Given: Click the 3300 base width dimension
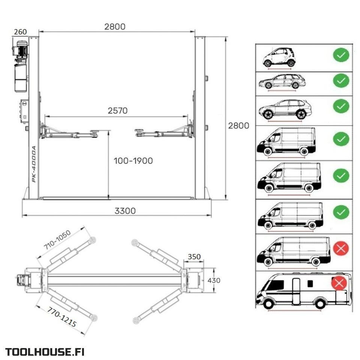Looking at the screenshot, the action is (125, 211).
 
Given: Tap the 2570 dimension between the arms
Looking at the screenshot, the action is (117, 111).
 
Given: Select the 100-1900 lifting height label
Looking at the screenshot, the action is (133, 161).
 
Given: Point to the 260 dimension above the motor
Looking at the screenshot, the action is (20, 31).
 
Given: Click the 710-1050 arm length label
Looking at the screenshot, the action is (57, 240).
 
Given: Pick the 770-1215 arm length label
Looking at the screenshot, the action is (61, 317).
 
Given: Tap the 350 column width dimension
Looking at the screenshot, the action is (194, 256).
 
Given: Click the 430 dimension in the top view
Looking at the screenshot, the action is (214, 280).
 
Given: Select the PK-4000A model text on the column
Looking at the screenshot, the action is (34, 164).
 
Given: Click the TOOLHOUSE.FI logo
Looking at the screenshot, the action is (45, 352).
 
